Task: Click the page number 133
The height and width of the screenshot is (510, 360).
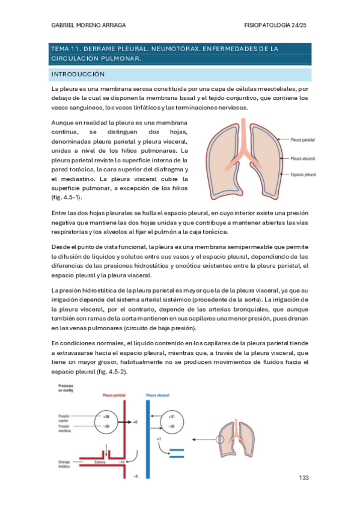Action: pyautogui.click(x=304, y=477)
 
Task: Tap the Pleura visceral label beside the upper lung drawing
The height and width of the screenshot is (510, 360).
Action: pyautogui.click(x=304, y=159)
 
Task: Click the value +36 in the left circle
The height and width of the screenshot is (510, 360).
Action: pyautogui.click(x=106, y=416)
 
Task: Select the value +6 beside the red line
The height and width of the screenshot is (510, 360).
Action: pyautogui.click(x=136, y=422)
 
